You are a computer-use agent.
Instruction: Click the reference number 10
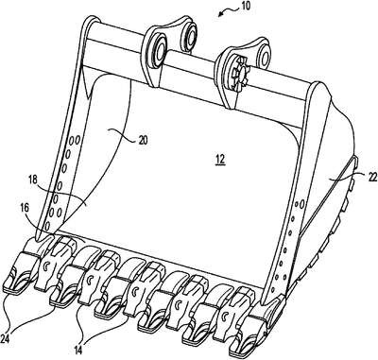tap(245, 7)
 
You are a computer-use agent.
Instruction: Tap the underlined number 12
tap(220, 160)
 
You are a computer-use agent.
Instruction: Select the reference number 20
tap(143, 140)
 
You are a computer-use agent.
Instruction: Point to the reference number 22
tap(372, 178)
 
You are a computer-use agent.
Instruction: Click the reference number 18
tap(32, 180)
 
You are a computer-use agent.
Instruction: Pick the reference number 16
tap(25, 208)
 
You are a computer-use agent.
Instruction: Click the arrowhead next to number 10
tap(221, 12)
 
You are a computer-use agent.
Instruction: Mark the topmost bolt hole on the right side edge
tap(301, 205)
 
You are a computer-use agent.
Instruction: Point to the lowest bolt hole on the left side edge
tap(47, 226)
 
